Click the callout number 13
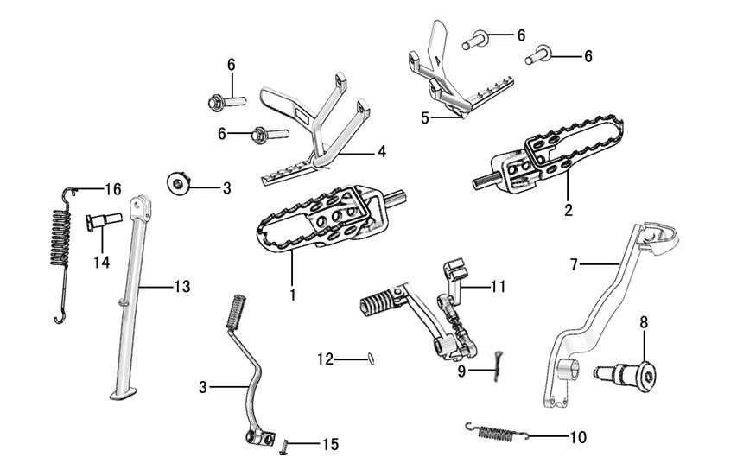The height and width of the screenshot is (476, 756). [181, 286]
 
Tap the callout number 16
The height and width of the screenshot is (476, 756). [113, 189]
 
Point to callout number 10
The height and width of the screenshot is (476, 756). [578, 437]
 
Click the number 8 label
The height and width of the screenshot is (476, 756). [644, 323]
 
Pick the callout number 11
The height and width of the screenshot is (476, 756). [498, 286]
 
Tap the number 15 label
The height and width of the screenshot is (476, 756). [330, 444]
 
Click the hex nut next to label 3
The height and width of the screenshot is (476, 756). [179, 184]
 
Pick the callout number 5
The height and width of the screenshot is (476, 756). [424, 117]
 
